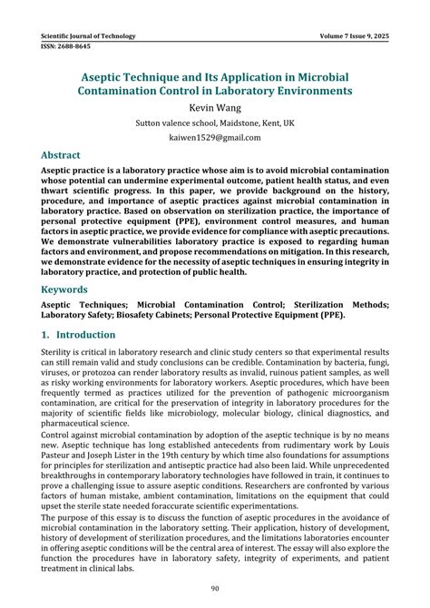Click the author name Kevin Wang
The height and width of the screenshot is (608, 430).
point(215,107)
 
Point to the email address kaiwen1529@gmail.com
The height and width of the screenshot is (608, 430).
point(215,138)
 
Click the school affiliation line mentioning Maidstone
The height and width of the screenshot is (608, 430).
point(215,123)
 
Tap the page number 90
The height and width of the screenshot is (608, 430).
point(215,590)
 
